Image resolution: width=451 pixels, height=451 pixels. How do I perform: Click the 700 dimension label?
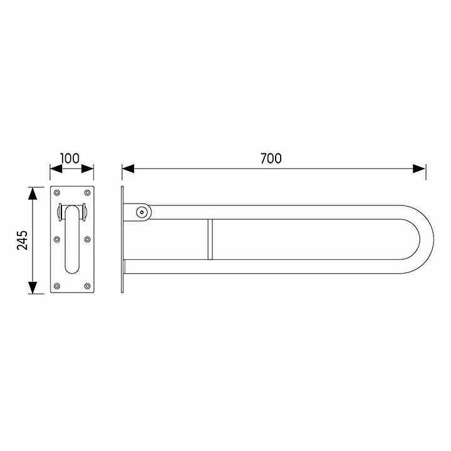click(271, 158)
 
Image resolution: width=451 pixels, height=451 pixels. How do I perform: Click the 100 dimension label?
click(70, 158)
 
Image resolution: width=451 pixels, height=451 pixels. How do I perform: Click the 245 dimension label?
click(23, 240)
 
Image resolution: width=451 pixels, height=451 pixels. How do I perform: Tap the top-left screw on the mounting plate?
click(57, 192)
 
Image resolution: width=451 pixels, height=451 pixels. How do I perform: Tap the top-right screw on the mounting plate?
click(88, 192)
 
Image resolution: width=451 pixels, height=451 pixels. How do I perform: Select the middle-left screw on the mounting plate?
click(57, 239)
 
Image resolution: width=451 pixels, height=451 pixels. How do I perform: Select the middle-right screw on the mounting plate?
click(88, 239)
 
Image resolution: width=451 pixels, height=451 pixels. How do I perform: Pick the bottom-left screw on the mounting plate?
click(57, 286)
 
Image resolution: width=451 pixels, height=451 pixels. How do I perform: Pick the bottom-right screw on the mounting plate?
click(88, 286)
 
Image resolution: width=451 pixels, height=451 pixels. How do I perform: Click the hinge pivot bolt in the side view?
click(142, 212)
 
